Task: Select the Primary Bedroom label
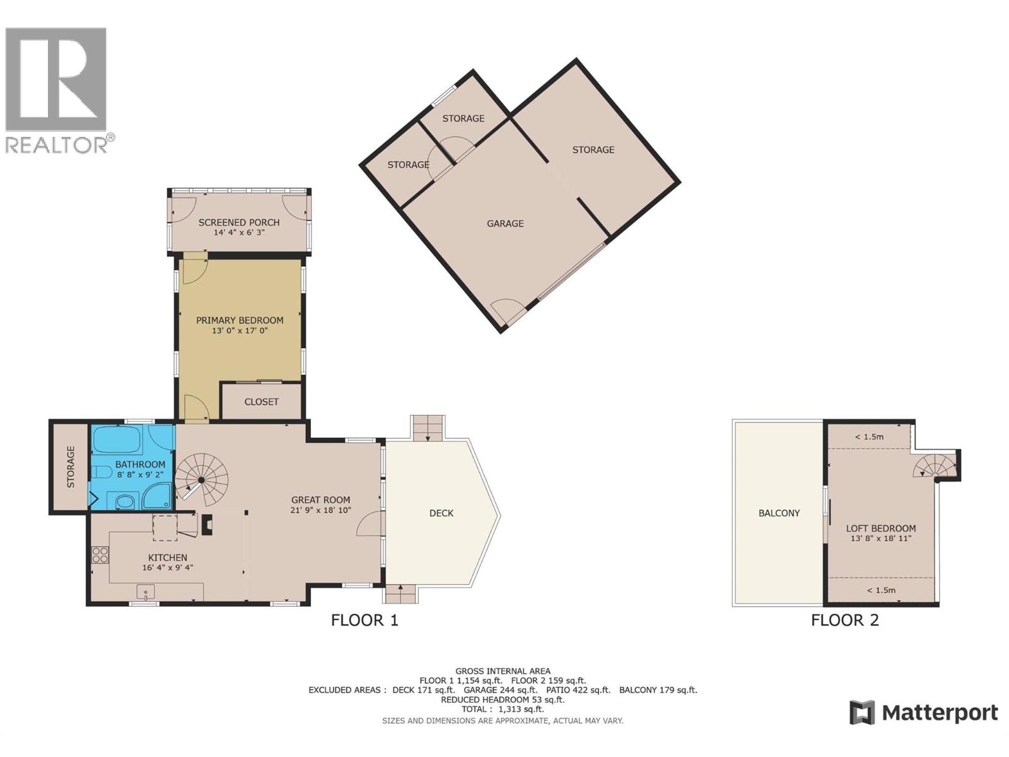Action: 240,320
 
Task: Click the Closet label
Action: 261,402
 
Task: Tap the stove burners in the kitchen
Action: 100,555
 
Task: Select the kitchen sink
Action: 146,592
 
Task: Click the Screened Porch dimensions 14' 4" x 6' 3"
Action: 239,233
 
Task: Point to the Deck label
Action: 441,513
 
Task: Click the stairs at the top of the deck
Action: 428,428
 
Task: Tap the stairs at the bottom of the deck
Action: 400,594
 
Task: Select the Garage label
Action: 505,223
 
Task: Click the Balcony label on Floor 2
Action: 779,513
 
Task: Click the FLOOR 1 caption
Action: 365,620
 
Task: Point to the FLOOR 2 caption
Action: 844,620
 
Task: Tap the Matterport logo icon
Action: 862,713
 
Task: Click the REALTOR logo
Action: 57,88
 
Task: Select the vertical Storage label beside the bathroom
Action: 71,467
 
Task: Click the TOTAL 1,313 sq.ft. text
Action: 502,709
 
